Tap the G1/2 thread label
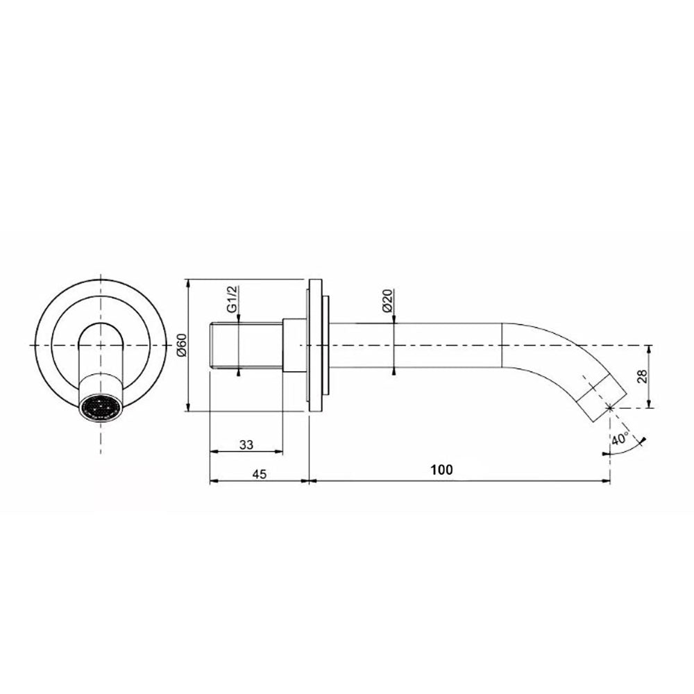point(232,300)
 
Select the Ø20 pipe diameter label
point(387,301)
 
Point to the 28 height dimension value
point(642,375)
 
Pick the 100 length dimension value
point(441,469)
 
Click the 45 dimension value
point(260,474)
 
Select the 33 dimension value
point(246,444)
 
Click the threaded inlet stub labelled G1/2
point(246,346)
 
